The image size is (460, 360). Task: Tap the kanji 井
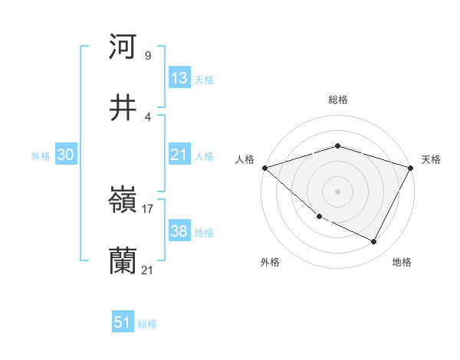[x=123, y=107]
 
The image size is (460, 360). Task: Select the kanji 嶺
[x=123, y=201]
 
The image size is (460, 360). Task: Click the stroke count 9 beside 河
[x=147, y=55]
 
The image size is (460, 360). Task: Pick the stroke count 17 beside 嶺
[x=148, y=208]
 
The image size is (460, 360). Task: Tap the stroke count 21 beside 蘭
[x=148, y=270]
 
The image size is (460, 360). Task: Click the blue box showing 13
[x=179, y=78]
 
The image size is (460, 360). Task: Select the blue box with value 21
[x=179, y=155]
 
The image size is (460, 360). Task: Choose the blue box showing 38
[x=179, y=231]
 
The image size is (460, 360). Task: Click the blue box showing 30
[x=66, y=155]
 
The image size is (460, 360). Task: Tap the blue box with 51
[x=123, y=322]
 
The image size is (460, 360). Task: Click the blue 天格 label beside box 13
[x=204, y=80]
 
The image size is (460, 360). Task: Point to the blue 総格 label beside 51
[x=147, y=324]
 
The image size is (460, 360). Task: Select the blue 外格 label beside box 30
[x=41, y=156]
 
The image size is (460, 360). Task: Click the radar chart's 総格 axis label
[x=337, y=100]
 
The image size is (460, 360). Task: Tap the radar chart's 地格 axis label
[x=402, y=263]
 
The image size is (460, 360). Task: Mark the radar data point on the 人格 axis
[x=264, y=168]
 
